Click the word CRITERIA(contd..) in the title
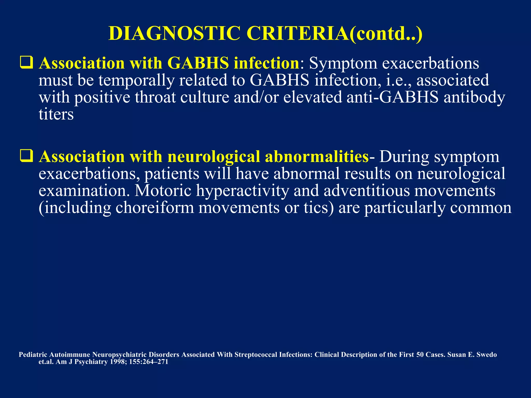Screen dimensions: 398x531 coord(334,33)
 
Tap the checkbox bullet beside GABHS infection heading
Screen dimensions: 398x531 coord(26,63)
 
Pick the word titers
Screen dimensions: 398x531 coord(56,114)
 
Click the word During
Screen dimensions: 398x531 coord(404,157)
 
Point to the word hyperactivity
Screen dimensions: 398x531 coord(242,191)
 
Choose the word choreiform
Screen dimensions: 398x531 coord(155,208)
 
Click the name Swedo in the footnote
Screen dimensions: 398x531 coord(487,355)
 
